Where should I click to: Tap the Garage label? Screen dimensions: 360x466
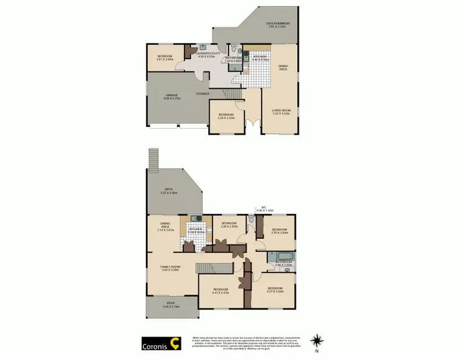[171, 95]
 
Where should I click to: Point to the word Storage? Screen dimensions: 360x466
[203, 93]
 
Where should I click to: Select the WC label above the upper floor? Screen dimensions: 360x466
[263, 208]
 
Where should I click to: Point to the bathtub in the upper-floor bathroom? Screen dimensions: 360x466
[278, 256]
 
